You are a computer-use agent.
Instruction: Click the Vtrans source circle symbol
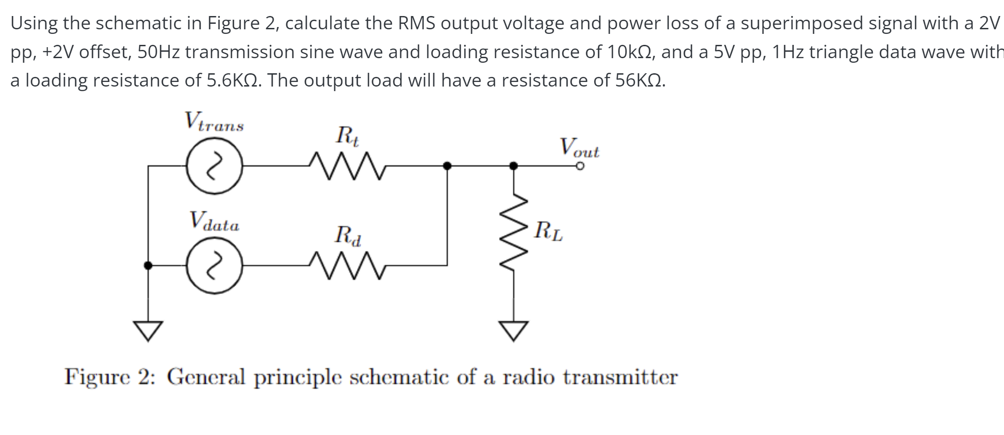(214, 167)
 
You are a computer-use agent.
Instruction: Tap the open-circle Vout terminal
(580, 166)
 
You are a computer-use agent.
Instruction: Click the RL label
(549, 231)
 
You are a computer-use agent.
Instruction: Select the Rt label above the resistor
(347, 136)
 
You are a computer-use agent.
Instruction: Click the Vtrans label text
(214, 122)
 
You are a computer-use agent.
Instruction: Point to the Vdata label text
(214, 222)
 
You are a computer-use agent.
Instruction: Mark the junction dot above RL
(514, 166)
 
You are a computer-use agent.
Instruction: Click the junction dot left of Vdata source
(148, 265)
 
